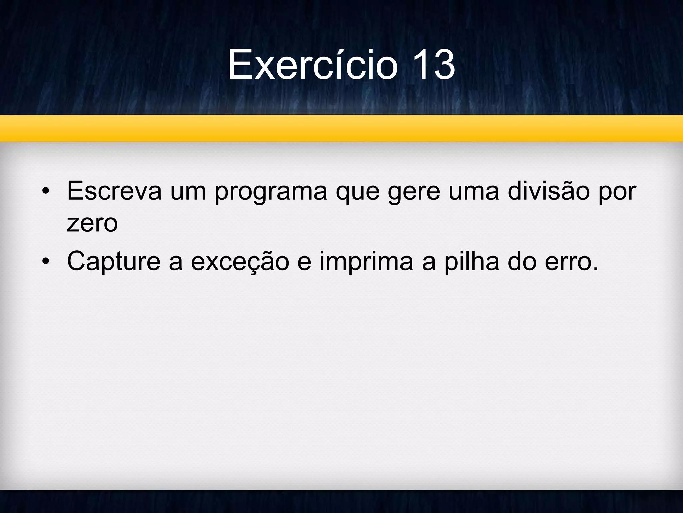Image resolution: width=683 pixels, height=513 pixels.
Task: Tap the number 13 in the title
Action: coord(433,64)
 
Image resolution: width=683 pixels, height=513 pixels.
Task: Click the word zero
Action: coord(92,224)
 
